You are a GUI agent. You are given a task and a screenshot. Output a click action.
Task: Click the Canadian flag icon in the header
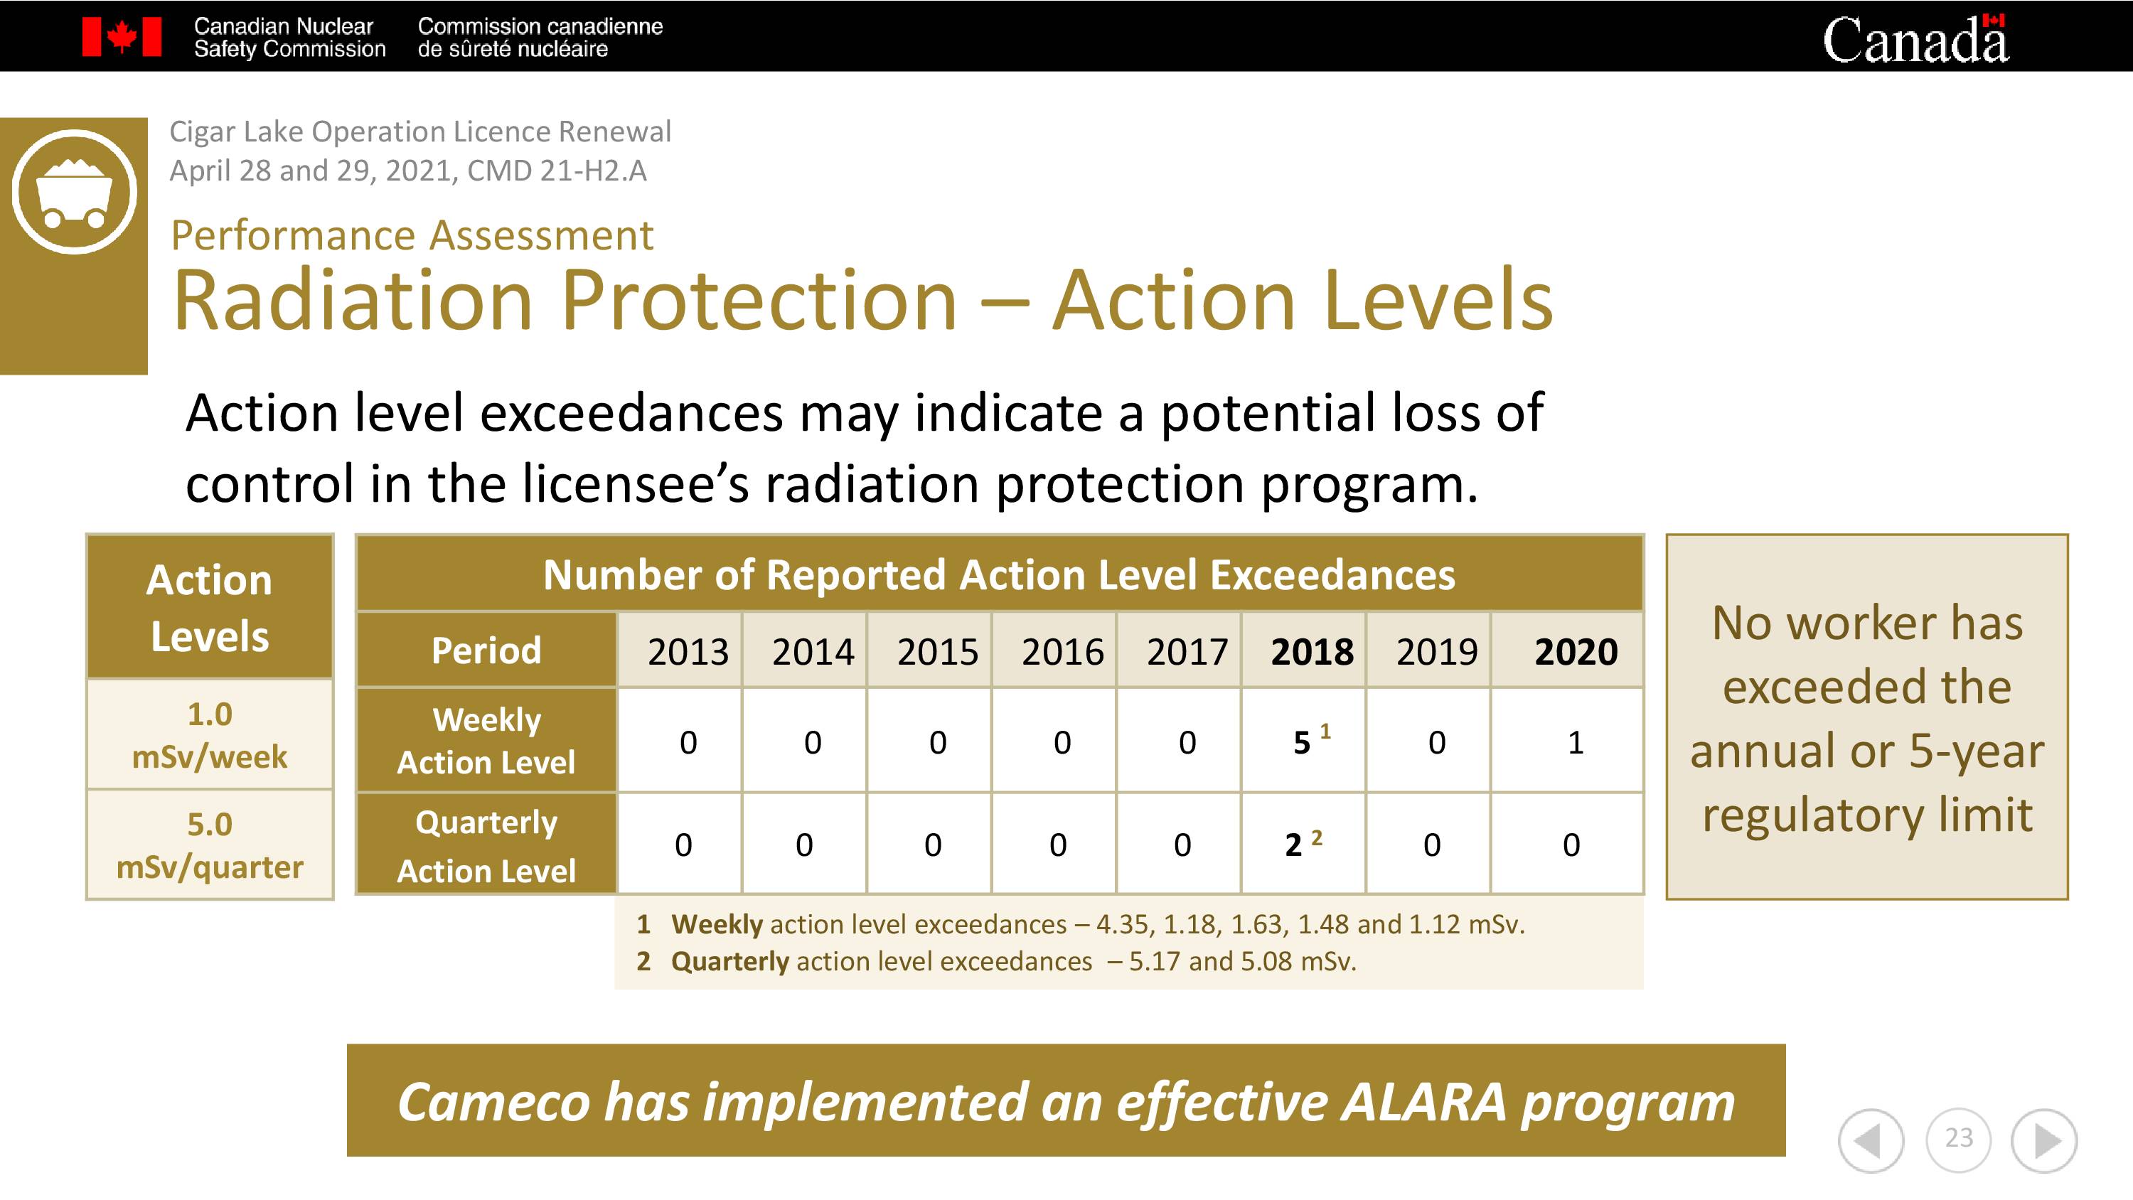122,37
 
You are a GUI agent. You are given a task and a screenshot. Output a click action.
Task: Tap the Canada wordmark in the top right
1915,39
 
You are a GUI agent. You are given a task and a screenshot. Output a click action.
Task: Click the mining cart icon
75,191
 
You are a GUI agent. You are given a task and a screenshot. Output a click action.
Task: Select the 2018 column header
1313,652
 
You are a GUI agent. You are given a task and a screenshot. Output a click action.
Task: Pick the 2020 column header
1576,652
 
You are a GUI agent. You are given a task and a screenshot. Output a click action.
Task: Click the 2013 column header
688,652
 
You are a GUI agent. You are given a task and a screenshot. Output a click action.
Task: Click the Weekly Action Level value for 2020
1576,742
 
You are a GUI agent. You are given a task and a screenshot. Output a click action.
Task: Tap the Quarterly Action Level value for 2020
1571,845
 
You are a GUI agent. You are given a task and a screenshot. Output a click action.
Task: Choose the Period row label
486,650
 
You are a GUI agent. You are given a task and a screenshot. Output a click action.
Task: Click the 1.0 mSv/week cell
210,734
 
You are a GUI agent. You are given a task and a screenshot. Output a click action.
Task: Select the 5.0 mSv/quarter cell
210,845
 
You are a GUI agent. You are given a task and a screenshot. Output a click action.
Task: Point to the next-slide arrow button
2044,1141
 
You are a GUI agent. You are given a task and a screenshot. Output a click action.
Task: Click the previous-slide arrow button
1871,1141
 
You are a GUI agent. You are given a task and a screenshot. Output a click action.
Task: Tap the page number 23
1958,1138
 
